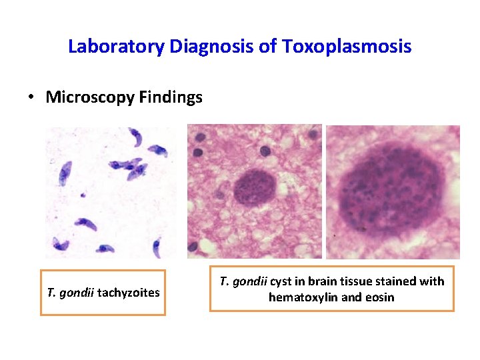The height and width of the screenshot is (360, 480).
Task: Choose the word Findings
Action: coord(171,97)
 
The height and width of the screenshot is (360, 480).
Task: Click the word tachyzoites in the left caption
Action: coord(128,292)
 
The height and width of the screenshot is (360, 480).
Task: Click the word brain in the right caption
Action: coord(322,281)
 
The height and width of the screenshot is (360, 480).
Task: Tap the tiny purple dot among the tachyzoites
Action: coord(82,195)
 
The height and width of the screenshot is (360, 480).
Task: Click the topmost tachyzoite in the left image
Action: coord(137,138)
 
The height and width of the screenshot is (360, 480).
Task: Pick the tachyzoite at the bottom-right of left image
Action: coord(156,247)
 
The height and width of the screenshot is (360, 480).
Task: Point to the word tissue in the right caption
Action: coord(359,281)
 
